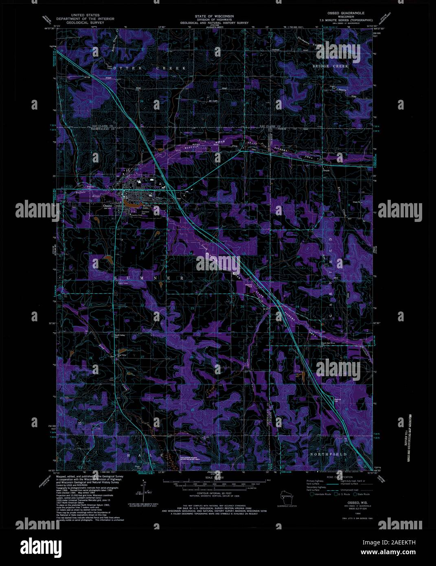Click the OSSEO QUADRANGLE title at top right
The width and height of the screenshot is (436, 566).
pos(346,13)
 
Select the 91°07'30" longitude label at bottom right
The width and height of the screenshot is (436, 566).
pos(373,473)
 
